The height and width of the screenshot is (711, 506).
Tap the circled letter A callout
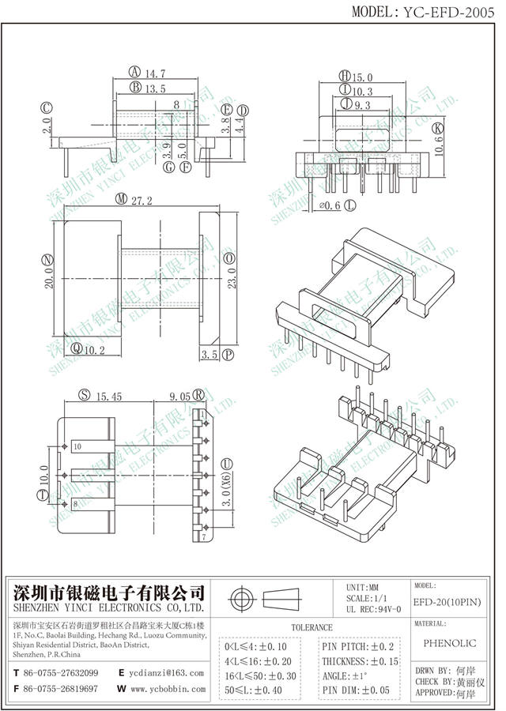click(134, 71)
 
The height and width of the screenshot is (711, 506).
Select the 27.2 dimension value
click(143, 200)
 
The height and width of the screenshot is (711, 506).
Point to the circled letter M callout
click(121, 200)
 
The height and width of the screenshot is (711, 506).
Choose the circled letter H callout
click(345, 77)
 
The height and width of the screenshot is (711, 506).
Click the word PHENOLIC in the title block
click(452, 645)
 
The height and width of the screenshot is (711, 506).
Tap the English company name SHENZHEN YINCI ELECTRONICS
click(110, 610)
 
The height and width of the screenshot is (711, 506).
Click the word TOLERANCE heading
click(312, 627)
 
